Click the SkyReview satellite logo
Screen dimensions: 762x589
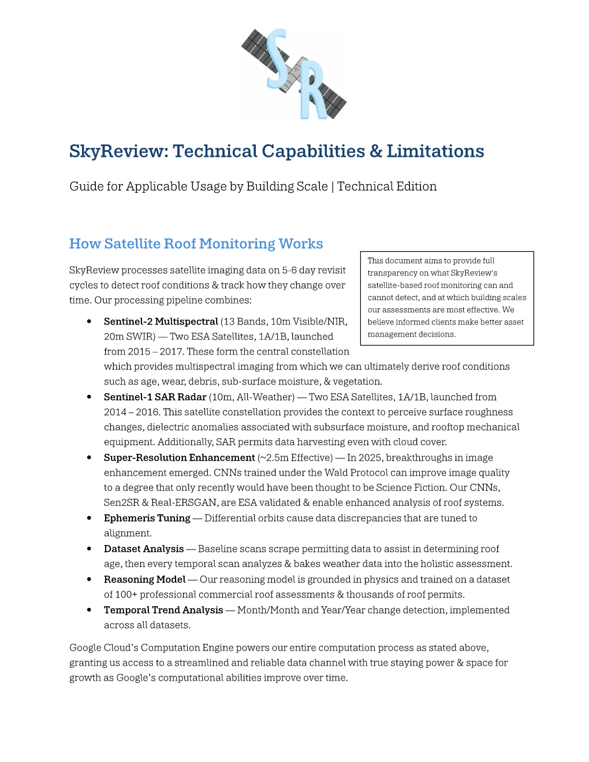pyautogui.click(x=293, y=74)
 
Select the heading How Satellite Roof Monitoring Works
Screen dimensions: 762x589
pyautogui.click(x=196, y=244)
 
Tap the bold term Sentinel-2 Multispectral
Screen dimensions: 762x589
pyautogui.click(x=161, y=322)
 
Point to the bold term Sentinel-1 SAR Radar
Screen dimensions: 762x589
pyautogui.click(x=155, y=397)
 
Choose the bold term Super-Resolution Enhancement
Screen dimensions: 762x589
pyautogui.click(x=179, y=458)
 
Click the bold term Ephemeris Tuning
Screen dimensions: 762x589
pyautogui.click(x=147, y=518)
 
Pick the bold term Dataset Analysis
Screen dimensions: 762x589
pyautogui.click(x=144, y=549)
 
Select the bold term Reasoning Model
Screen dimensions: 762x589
pyautogui.click(x=144, y=580)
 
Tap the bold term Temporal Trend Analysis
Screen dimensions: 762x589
pyautogui.click(x=163, y=610)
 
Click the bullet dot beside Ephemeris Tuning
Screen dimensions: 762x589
pyautogui.click(x=89, y=518)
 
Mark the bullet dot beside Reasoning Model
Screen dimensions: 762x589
pyautogui.click(x=89, y=579)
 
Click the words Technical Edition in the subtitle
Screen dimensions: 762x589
pyautogui.click(x=387, y=186)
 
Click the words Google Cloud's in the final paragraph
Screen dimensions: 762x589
pyautogui.click(x=104, y=648)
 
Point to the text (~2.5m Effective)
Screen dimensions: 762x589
pyautogui.click(x=295, y=458)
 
